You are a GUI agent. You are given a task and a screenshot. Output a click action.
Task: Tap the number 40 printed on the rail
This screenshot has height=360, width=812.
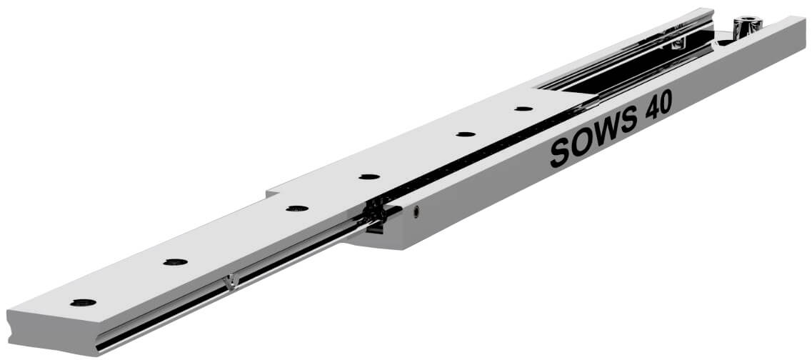coord(658,105)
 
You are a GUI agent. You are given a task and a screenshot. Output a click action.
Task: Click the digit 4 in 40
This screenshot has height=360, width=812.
coord(651,109)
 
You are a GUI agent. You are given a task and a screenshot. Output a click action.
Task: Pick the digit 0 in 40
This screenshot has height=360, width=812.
coord(666,102)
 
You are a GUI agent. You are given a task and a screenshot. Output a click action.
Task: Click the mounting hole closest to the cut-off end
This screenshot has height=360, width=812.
coord(84,303)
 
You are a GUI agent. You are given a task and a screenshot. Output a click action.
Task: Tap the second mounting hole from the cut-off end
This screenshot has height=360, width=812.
coord(176,262)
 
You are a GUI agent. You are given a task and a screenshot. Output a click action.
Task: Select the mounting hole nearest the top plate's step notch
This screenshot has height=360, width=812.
coord(297,209)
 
